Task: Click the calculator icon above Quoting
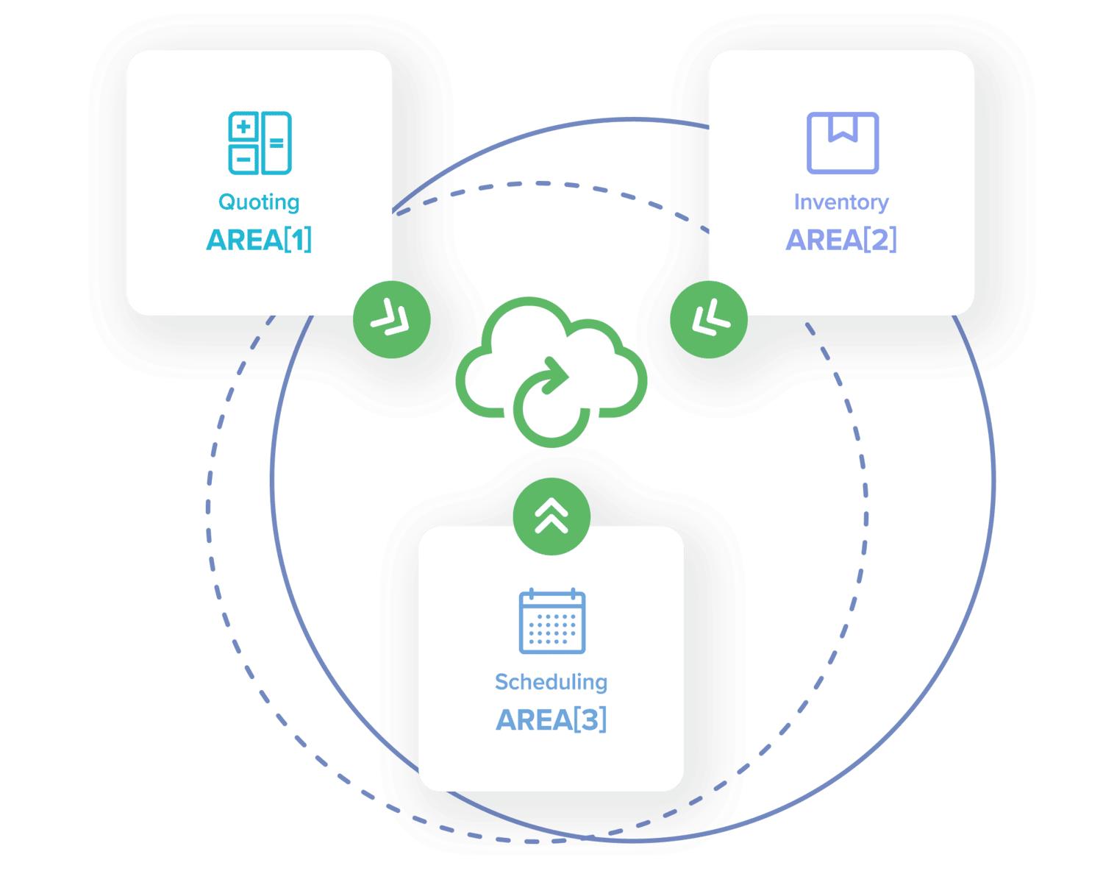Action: (260, 143)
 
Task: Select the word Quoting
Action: (259, 202)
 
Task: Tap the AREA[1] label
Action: (259, 240)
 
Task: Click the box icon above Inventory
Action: (842, 143)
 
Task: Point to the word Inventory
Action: (841, 202)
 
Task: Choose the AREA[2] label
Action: (841, 240)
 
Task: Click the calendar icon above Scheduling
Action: (551, 622)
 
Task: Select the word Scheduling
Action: (551, 682)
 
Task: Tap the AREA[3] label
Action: (551, 719)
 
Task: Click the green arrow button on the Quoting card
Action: (391, 319)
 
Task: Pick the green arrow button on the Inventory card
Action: (709, 319)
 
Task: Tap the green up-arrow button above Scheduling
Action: (551, 516)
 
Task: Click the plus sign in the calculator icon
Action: (243, 127)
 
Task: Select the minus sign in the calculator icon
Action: (243, 158)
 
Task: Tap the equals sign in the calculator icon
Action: (276, 143)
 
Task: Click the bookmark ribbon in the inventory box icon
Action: (843, 127)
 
